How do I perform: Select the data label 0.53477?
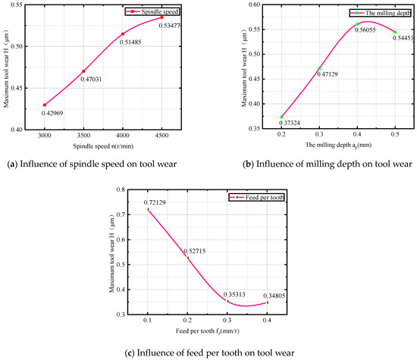[171, 26]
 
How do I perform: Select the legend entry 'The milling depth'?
[379, 13]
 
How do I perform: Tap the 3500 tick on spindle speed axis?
[84, 135]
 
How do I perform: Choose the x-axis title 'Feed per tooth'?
[224, 333]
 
